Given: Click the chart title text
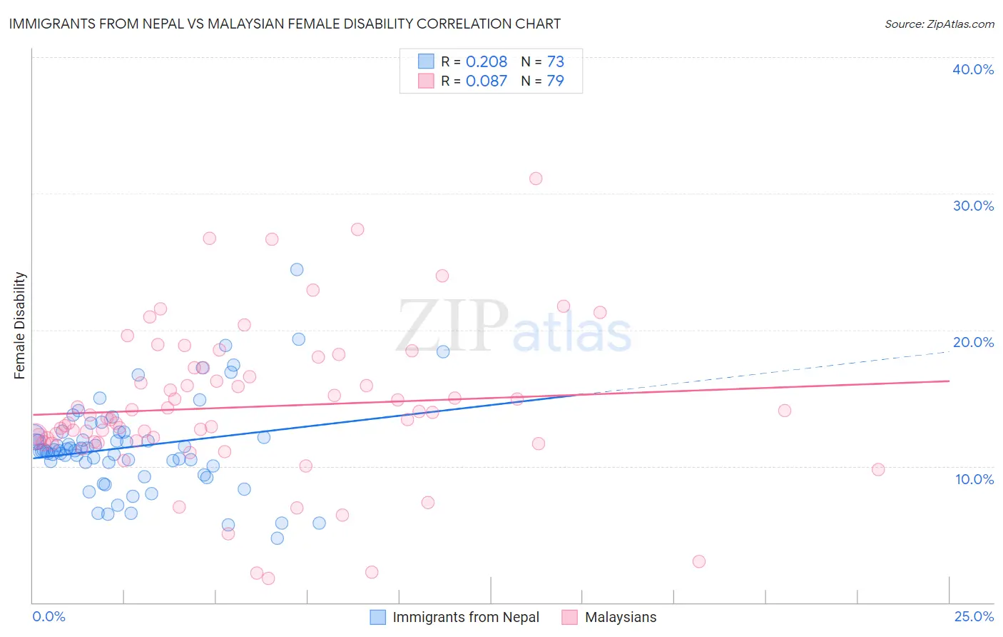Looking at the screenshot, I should (x=285, y=24).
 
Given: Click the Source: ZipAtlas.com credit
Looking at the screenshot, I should (x=939, y=24).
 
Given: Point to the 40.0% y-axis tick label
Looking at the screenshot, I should (x=972, y=69).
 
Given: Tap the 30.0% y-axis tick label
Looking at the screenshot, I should (x=972, y=206).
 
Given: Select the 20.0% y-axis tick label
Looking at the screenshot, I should (x=972, y=342).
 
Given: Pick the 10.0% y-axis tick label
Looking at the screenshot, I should (x=974, y=479).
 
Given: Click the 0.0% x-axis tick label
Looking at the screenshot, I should (x=49, y=616).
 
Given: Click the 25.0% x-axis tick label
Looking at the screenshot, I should (x=974, y=616).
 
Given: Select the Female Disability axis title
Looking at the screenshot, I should (x=20, y=325).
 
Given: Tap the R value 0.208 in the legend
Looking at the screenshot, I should (x=486, y=61).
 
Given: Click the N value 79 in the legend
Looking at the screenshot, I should (x=555, y=81).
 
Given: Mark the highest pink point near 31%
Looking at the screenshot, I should (x=536, y=179).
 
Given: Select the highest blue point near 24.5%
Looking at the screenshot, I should (x=297, y=269).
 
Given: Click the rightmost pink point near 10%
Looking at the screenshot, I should (x=878, y=469).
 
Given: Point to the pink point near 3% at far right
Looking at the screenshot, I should (x=699, y=561).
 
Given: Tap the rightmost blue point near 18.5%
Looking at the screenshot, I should (x=443, y=351).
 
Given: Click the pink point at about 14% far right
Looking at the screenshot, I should (x=785, y=410).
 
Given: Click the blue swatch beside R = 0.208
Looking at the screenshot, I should (x=426, y=61).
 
